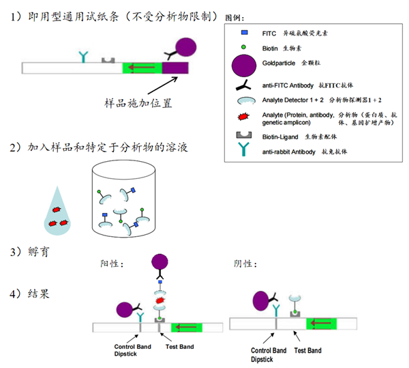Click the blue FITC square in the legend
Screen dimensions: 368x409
(x=243, y=32)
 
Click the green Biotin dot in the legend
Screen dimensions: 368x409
(x=243, y=47)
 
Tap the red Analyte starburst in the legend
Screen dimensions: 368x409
(x=243, y=119)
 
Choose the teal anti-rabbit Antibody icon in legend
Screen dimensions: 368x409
(x=243, y=151)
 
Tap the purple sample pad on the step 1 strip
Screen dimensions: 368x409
(x=175, y=68)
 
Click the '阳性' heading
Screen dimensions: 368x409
(x=112, y=263)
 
